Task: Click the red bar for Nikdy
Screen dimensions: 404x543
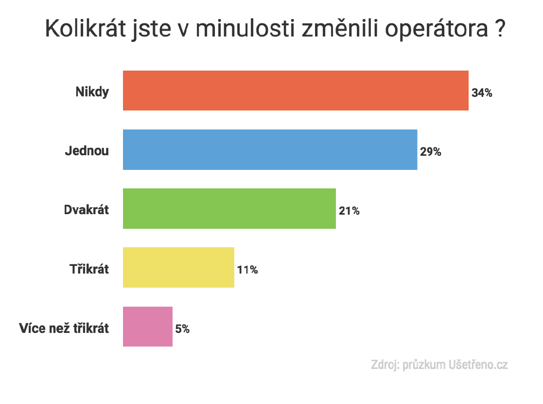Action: point(296,91)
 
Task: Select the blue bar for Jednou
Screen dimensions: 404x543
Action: point(270,150)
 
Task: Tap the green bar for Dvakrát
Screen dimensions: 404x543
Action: point(229,208)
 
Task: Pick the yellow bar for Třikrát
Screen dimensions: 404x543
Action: point(178,267)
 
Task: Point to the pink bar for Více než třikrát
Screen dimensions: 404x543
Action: point(148,327)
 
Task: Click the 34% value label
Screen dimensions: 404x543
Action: point(482,92)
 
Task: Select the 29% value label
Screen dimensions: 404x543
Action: point(431,152)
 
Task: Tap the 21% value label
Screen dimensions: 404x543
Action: point(349,211)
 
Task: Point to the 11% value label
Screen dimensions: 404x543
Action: point(247,270)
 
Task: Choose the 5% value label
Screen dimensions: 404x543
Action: point(182,329)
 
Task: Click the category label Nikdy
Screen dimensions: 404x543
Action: point(92,92)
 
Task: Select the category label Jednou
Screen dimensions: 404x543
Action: point(87,151)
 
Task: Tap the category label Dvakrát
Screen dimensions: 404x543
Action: point(87,210)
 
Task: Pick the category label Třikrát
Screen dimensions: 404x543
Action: point(89,269)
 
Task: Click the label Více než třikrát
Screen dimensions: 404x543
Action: point(64,328)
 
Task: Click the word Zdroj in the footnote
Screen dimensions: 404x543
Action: point(384,365)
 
